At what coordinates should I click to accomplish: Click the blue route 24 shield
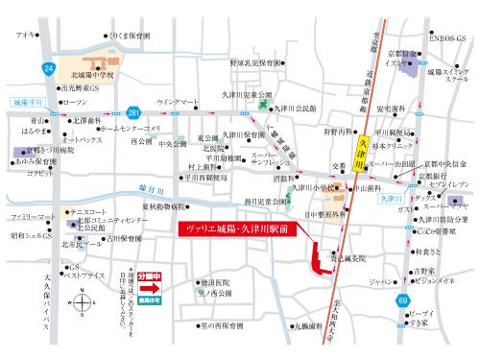[49, 68]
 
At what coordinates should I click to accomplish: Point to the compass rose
[82, 304]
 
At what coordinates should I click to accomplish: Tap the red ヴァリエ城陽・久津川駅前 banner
[238, 231]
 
